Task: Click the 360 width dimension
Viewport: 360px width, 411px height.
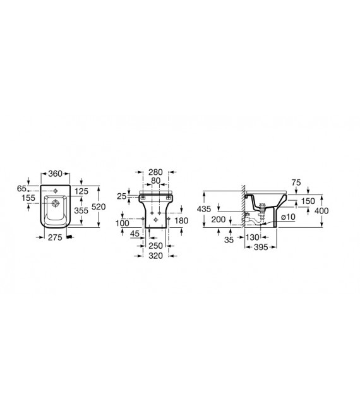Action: point(56,174)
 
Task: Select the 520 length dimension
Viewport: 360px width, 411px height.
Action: point(99,206)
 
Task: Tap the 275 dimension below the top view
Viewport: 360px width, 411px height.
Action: point(55,237)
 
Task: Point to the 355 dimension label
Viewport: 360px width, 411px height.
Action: point(81,210)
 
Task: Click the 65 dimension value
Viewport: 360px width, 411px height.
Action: point(21,189)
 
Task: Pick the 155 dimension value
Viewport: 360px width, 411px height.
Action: point(28,198)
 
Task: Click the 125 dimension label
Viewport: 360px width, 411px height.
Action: point(81,191)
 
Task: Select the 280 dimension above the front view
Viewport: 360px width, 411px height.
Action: point(156,172)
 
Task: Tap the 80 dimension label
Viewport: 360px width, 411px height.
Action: point(156,181)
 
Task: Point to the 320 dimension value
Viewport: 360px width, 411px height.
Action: point(156,256)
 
